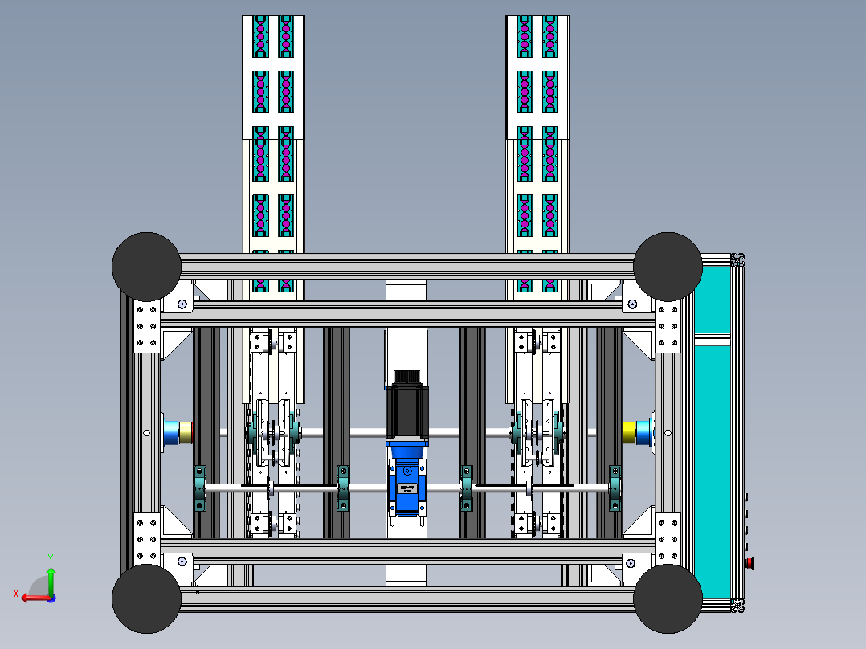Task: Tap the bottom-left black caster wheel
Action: click(x=146, y=598)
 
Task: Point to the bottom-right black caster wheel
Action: click(x=668, y=598)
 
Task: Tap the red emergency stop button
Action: click(x=750, y=562)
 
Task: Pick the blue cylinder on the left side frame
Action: click(x=172, y=432)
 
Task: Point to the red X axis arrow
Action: click(x=32, y=597)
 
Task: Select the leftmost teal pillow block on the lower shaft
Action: click(x=200, y=488)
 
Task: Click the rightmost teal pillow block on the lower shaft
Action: click(x=615, y=488)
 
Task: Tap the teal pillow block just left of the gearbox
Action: click(x=343, y=488)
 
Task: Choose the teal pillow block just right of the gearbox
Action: click(x=466, y=488)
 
